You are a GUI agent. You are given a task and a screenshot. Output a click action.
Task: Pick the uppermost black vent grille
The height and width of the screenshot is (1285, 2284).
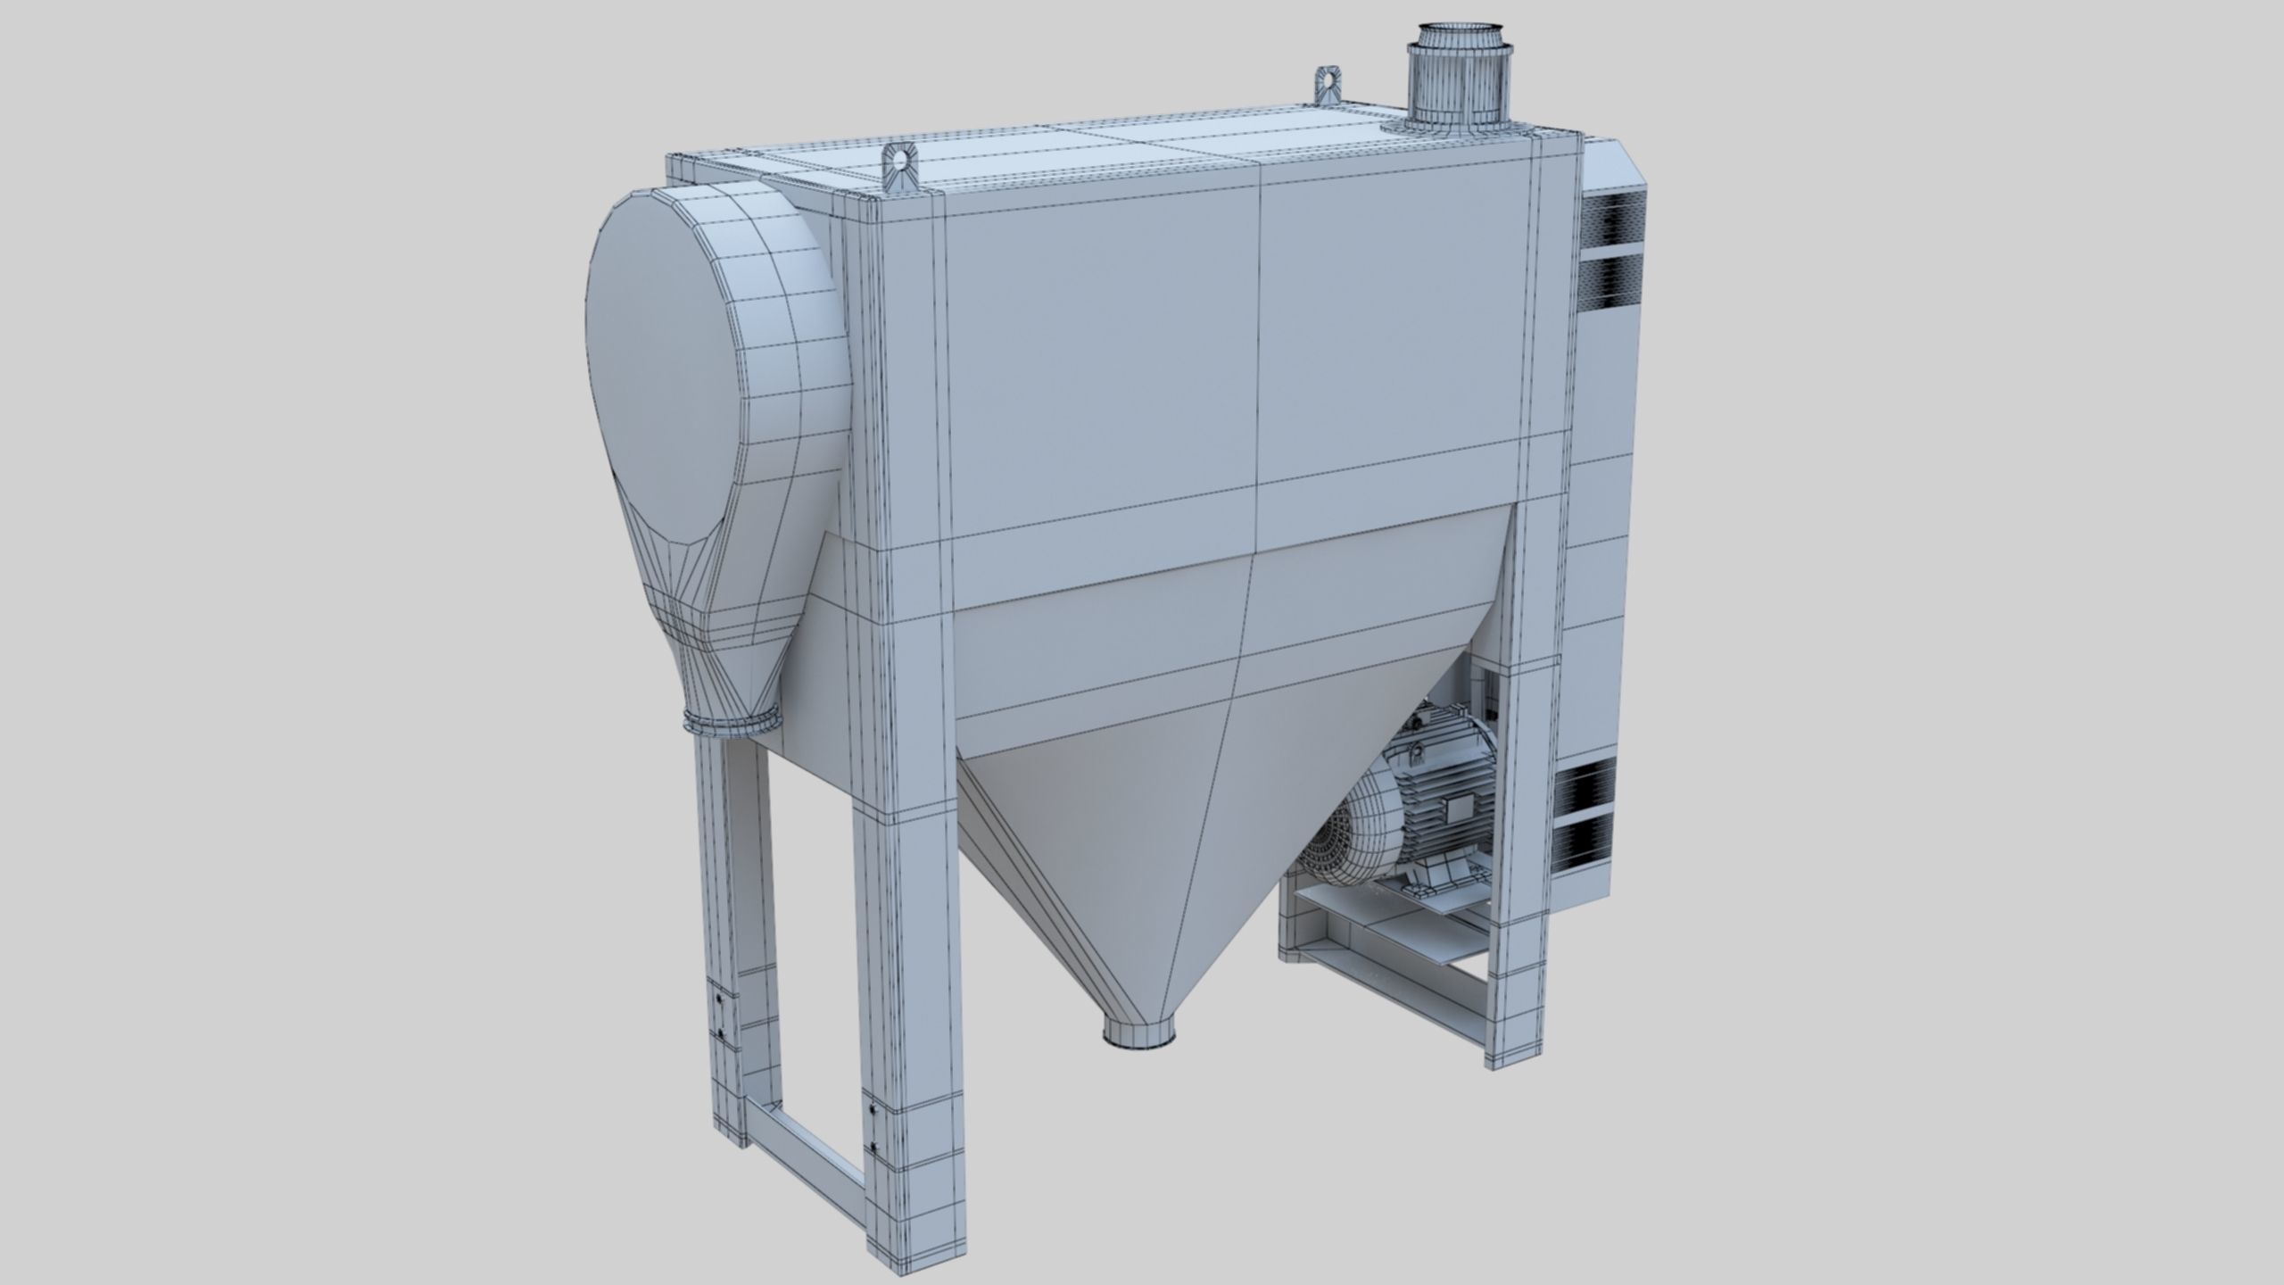(1613, 218)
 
